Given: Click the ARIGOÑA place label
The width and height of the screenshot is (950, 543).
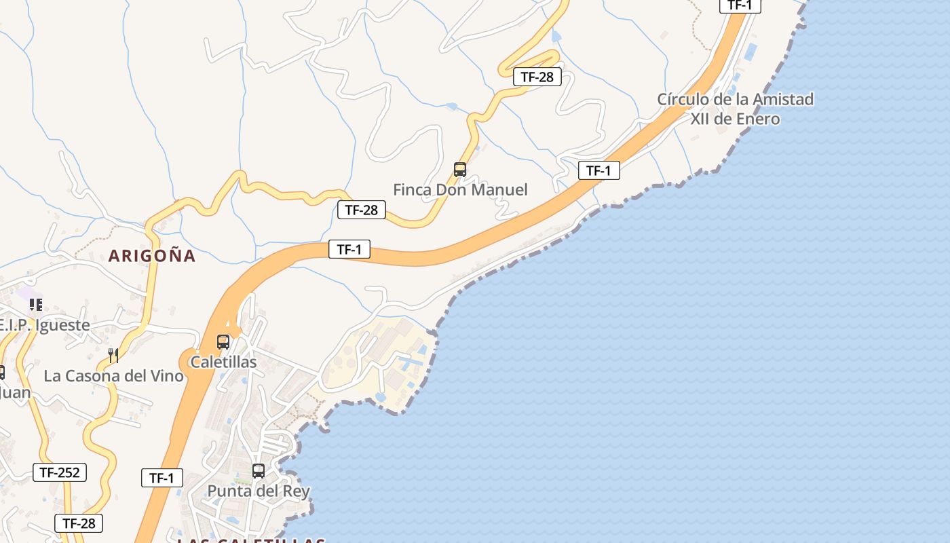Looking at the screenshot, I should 152,256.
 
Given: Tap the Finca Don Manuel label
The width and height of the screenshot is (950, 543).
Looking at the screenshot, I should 460,189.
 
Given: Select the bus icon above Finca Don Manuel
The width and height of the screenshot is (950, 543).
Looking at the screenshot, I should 460,170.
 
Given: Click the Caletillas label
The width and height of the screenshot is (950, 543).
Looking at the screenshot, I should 223,362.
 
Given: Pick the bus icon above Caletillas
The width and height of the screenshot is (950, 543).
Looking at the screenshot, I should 223,342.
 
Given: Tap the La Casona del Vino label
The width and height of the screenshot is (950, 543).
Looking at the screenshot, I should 113,375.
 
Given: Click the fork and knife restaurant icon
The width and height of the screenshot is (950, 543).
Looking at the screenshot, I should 113,355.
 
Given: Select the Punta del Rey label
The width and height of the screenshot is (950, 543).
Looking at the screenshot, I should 259,491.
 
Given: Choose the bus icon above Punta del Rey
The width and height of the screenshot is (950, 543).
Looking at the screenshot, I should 259,471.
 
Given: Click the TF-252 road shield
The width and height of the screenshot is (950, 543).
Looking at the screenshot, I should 60,472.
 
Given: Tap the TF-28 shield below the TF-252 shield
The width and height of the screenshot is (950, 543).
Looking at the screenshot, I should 79,523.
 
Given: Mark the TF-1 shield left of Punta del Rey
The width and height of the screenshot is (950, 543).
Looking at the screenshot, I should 162,478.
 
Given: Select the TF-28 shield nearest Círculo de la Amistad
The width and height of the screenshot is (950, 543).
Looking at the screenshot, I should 537,77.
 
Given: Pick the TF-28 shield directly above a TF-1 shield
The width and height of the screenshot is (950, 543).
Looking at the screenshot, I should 362,210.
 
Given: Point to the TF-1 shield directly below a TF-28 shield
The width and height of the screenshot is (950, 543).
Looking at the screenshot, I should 349,249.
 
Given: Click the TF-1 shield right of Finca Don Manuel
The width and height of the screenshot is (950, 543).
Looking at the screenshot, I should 599,170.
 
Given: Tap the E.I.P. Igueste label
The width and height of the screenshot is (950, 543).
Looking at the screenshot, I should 45,325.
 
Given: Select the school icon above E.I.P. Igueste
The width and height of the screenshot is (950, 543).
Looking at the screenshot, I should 36,305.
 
